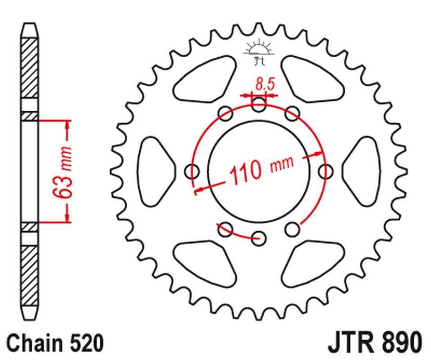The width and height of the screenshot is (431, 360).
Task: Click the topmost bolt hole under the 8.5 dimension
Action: (259, 106)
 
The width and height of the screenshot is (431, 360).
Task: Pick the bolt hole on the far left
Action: (193, 171)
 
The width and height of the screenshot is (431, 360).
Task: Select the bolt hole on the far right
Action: (325, 171)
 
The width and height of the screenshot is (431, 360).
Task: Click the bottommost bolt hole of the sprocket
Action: (258, 238)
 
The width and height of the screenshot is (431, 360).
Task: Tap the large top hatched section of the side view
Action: (30, 67)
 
